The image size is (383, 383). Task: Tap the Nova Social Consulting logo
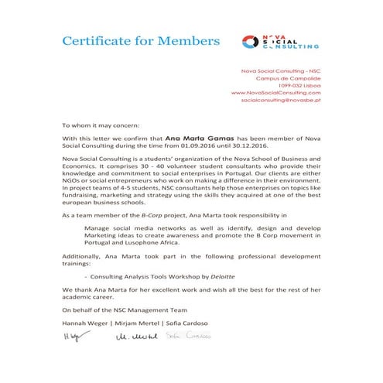click(279, 41)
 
